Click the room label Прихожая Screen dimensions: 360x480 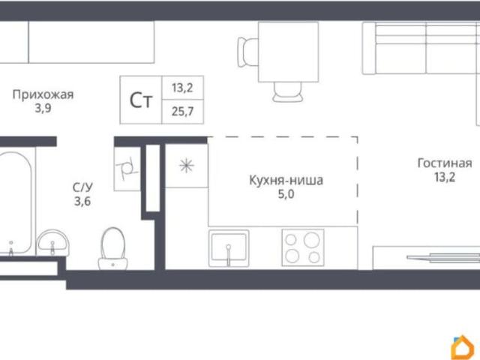coord(43,94)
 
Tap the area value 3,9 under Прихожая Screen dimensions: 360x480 coord(43,108)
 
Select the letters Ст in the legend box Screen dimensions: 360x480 coord(140,101)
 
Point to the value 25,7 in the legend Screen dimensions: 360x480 coord(181,112)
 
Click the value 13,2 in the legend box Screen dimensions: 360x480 coord(181,88)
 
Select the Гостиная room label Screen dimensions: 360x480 coord(445,163)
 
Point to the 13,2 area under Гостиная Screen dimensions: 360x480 coord(445,178)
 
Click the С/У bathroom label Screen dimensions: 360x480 coord(82,187)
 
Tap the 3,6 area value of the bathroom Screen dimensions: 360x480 coord(82,200)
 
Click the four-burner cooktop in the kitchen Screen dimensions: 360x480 coord(302,248)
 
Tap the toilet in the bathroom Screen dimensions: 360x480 coord(113,247)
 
